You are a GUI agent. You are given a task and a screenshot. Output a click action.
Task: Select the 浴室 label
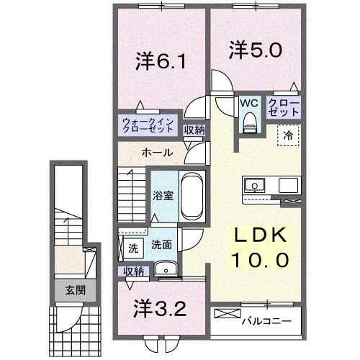point(161,194)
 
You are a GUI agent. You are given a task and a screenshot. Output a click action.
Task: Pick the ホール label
point(157,153)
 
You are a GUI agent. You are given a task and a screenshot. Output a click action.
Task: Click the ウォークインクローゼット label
point(147,125)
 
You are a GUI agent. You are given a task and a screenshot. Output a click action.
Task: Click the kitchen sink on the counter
point(255,186)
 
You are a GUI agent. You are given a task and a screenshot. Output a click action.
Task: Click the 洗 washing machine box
point(133,248)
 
